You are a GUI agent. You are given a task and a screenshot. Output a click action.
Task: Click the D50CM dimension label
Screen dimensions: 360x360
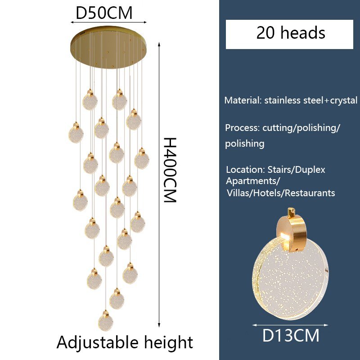104,13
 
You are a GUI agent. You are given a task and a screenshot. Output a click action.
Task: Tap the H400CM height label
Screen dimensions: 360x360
170,170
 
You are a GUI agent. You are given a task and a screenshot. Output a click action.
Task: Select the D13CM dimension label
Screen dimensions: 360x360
291,336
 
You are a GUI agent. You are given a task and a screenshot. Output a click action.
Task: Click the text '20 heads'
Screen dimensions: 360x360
291,32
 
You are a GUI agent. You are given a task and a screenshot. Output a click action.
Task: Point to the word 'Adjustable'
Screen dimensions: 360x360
97,343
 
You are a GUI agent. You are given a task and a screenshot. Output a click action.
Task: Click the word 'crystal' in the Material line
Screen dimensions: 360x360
344,100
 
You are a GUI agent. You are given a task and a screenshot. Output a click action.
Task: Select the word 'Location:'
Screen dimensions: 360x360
245,170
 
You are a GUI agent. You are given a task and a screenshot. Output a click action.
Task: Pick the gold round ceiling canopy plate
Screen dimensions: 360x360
108,47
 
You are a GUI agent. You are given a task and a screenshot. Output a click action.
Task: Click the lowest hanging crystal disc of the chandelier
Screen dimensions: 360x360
106,321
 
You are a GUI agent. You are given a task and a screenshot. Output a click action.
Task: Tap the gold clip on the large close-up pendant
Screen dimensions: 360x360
292,232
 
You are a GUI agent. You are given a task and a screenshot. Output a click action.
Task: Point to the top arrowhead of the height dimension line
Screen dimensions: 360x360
159,44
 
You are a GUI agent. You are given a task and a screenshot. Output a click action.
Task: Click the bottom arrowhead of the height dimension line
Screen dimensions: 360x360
159,325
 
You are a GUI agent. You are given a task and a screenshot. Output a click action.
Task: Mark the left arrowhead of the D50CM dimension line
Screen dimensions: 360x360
72,22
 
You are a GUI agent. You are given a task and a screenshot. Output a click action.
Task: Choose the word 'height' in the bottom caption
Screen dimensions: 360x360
168,343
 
